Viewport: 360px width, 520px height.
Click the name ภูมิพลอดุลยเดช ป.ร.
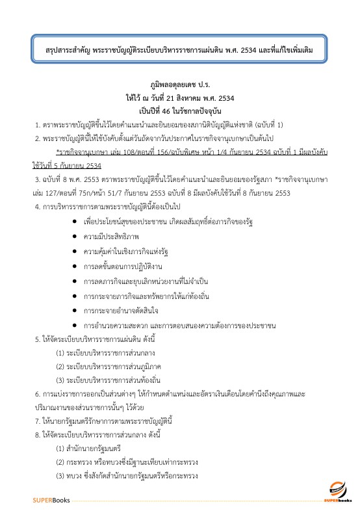point(179,84)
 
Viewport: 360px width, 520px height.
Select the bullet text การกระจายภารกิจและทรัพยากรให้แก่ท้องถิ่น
point(148,296)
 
